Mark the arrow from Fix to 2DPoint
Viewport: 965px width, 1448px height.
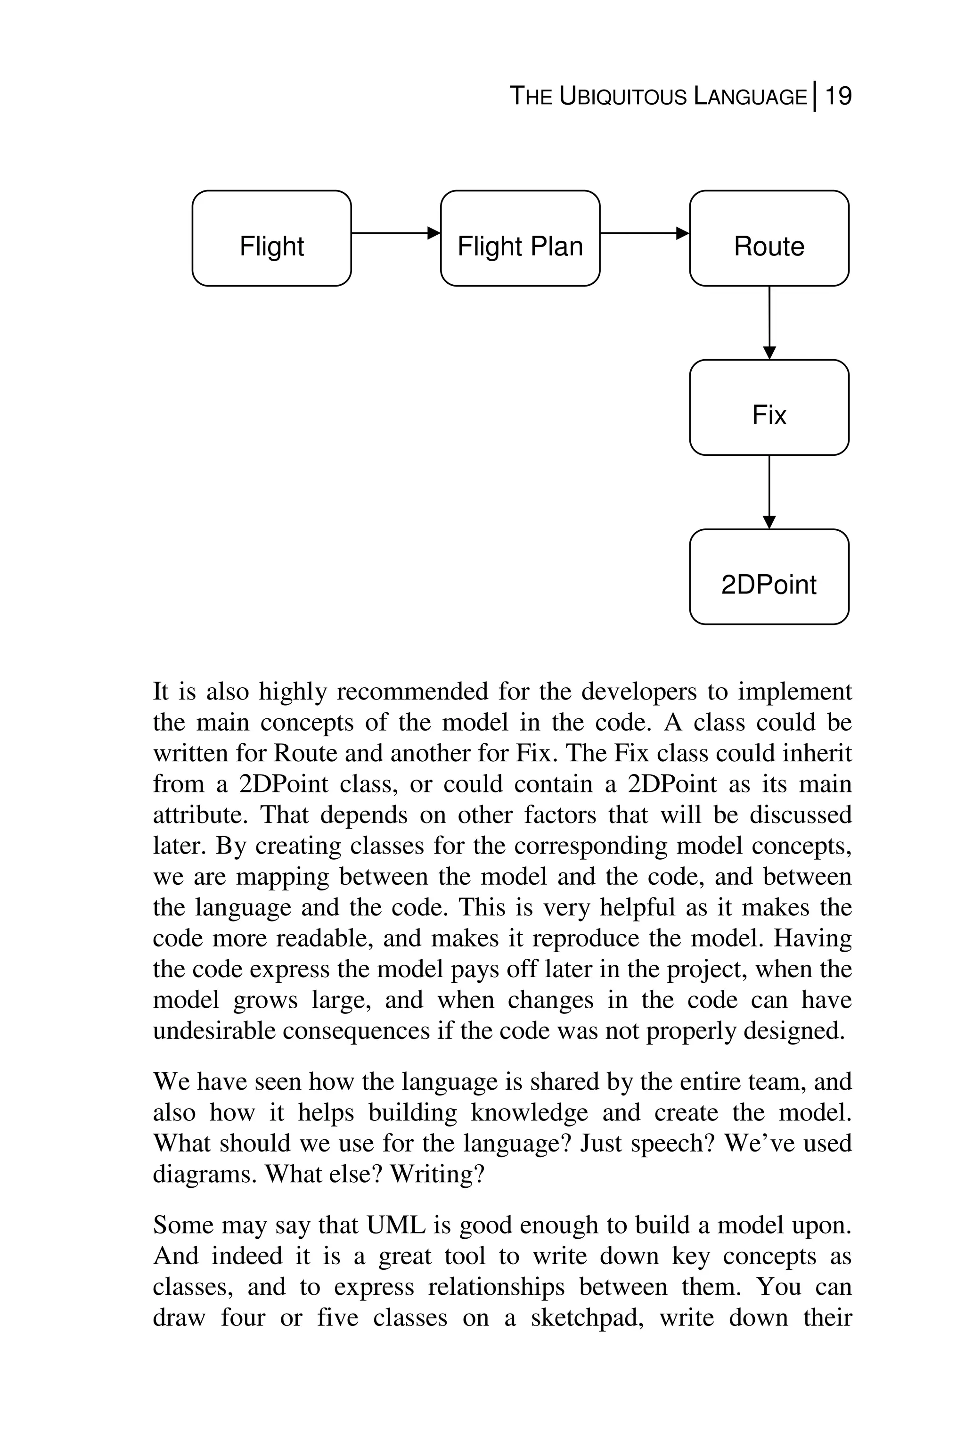(769, 492)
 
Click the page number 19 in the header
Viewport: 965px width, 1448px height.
(838, 97)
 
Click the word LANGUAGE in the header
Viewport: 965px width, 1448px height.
(750, 97)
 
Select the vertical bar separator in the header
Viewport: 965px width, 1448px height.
(815, 97)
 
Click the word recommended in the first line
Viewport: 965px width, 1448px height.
(412, 692)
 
